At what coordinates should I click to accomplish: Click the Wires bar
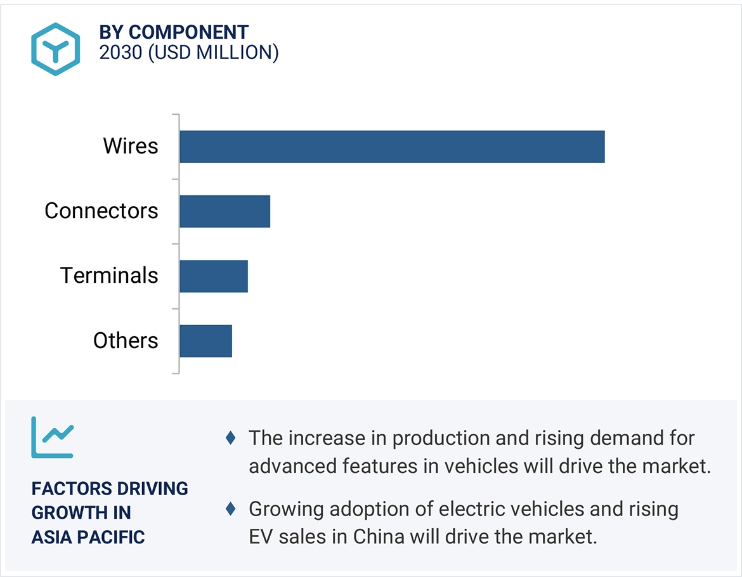[391, 146]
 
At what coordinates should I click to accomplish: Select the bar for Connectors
[225, 211]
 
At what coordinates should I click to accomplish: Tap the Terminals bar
[213, 276]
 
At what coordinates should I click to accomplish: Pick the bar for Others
[205, 340]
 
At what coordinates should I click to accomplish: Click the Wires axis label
[131, 146]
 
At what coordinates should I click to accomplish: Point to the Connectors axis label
[101, 211]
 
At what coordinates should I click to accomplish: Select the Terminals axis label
[109, 276]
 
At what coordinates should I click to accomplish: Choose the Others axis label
[126, 340]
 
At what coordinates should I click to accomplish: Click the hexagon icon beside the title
[56, 49]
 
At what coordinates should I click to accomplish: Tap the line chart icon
[53, 438]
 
